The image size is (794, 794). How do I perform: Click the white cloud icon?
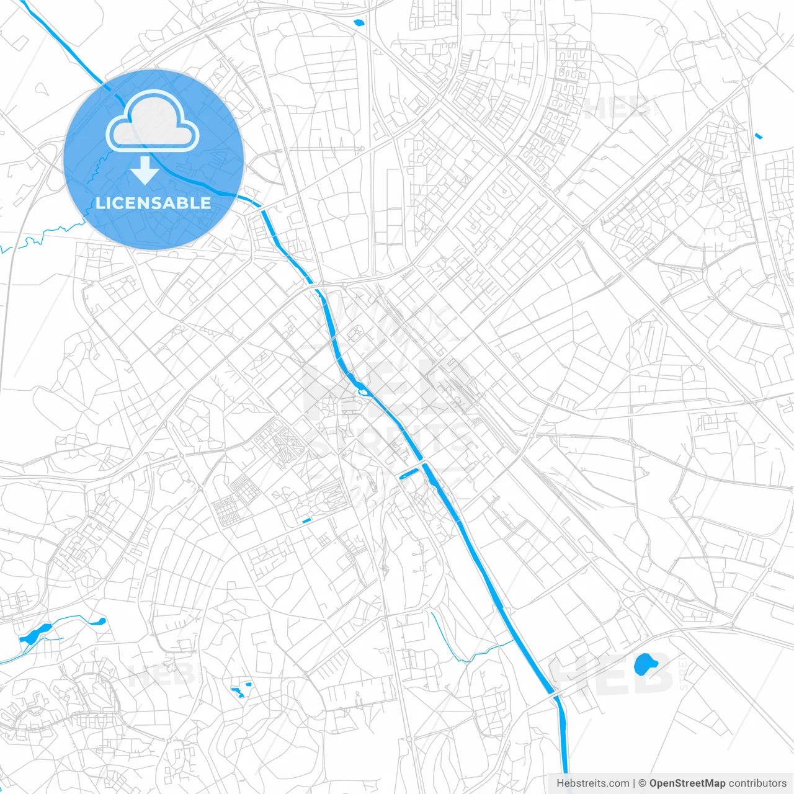coord(153,122)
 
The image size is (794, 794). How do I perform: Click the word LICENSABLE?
coord(153,203)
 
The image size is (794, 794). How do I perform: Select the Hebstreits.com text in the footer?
coord(592,783)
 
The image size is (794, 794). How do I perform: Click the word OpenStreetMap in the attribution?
coord(687,783)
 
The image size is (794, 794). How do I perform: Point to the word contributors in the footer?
coord(757,783)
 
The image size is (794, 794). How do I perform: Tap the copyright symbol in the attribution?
coord(642,783)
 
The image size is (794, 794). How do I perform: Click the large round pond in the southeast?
coord(645,664)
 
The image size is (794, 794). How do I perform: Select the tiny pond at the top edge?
coord(359,23)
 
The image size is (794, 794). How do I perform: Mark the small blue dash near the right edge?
coord(759,136)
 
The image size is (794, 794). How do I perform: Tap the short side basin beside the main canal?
coord(409,475)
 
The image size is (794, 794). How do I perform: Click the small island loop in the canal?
coord(362,390)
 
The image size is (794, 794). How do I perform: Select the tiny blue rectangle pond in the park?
coord(306,520)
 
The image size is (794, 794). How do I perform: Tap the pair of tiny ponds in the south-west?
coord(241,690)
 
